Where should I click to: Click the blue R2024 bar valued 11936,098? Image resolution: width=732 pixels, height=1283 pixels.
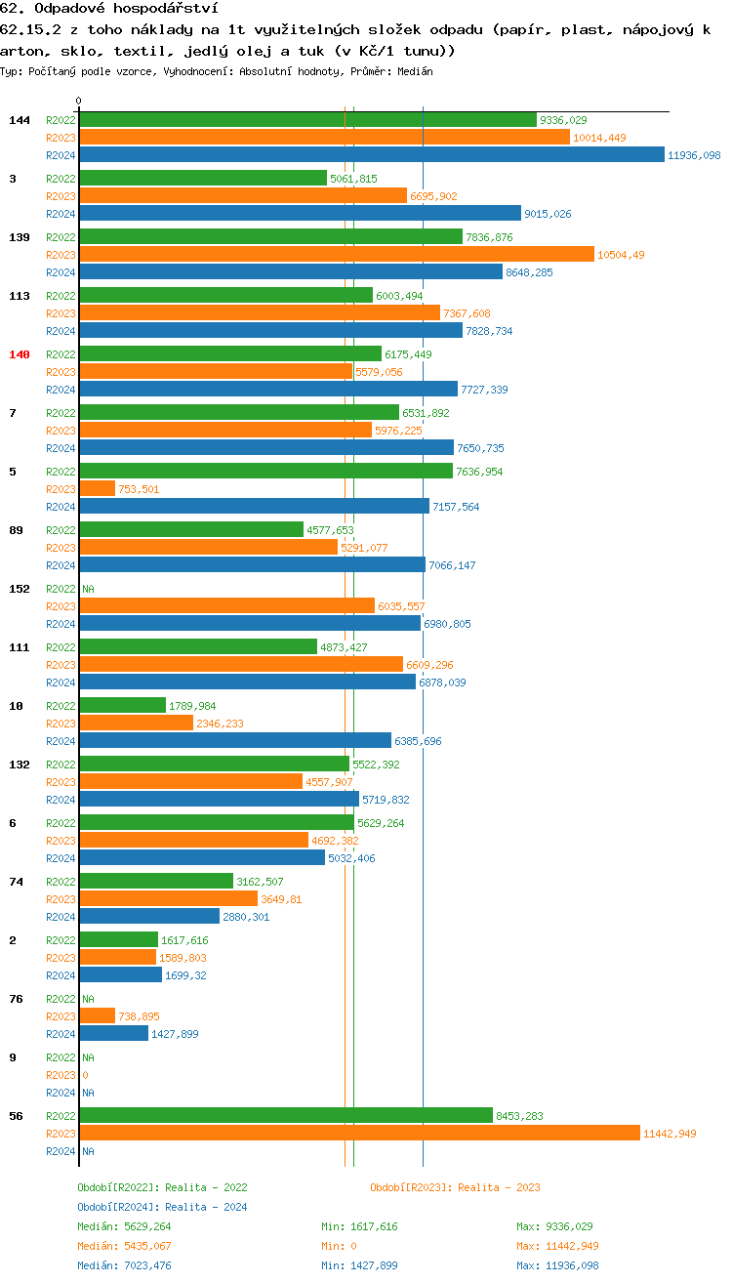click(x=371, y=155)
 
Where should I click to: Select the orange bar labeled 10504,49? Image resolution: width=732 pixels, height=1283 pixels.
click(x=337, y=255)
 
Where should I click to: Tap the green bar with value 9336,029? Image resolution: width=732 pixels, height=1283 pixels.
click(x=307, y=120)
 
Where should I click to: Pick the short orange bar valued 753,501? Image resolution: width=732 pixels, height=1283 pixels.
click(x=97, y=489)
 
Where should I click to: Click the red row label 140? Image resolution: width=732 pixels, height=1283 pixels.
click(x=20, y=354)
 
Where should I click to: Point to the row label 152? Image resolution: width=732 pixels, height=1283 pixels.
click(x=20, y=589)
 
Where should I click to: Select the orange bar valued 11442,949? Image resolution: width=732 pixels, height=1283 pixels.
click(x=359, y=1134)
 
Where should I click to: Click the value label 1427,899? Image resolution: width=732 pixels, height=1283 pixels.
click(x=175, y=1034)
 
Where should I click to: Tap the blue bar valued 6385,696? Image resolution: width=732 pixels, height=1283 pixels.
click(x=235, y=741)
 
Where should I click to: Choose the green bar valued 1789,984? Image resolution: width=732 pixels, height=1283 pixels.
click(x=122, y=706)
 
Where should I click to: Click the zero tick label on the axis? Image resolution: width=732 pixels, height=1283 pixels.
click(x=79, y=101)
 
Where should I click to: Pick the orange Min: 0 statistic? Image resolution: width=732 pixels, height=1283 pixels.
click(x=341, y=1246)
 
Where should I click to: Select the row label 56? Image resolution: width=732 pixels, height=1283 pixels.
click(x=16, y=1116)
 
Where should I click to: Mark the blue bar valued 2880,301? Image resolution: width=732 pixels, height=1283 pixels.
click(x=149, y=917)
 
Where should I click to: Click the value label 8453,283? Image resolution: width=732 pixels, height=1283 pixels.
click(x=519, y=1116)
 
